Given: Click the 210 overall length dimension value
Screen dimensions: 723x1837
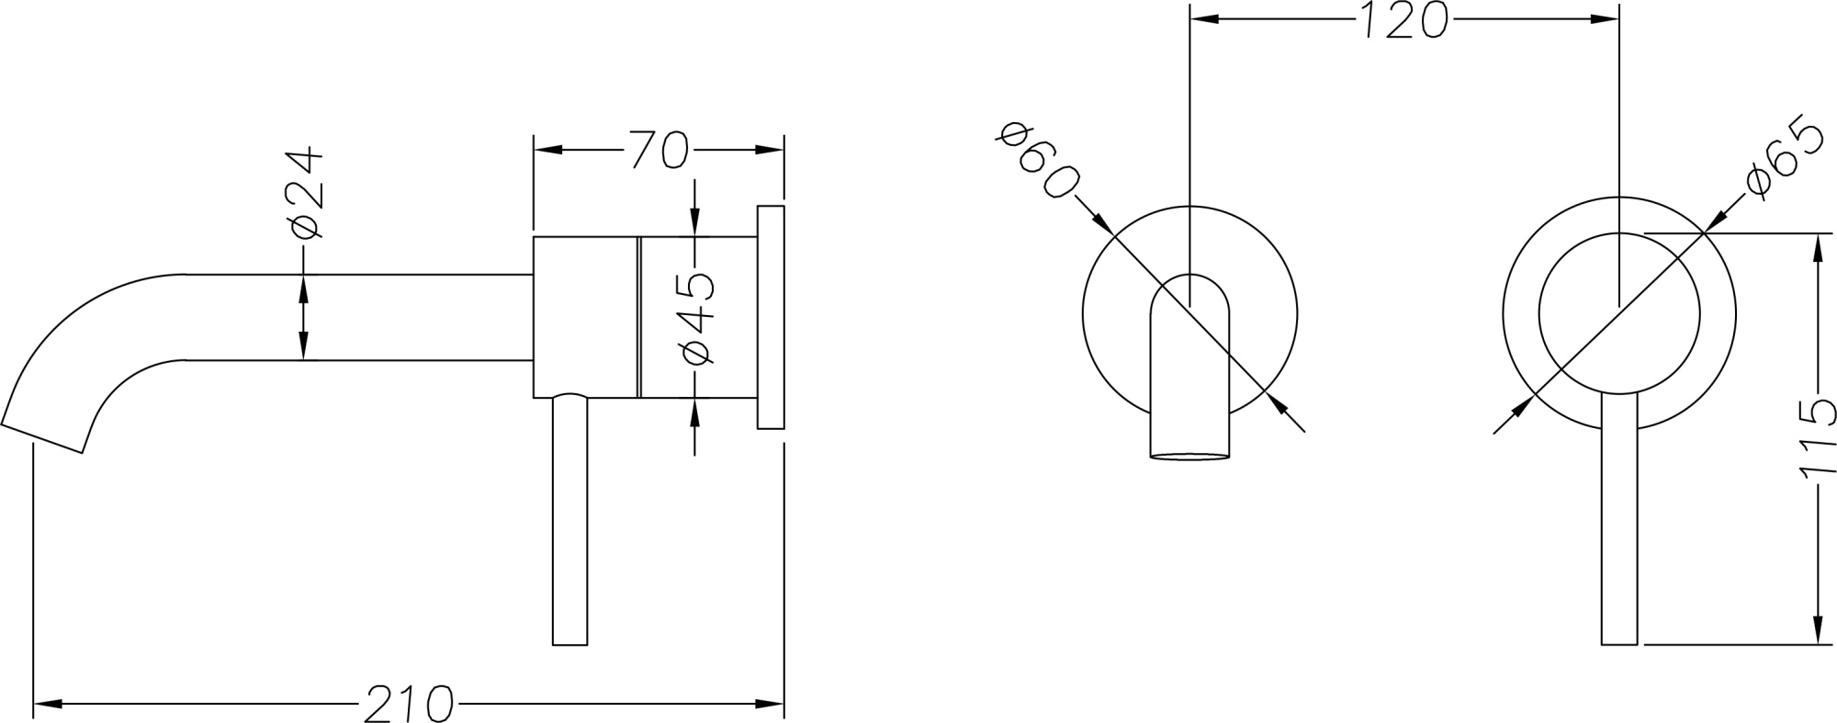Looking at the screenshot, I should pyautogui.click(x=409, y=704).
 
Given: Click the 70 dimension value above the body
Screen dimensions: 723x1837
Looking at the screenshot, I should pyautogui.click(x=658, y=150).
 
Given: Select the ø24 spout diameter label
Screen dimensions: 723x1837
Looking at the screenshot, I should pyautogui.click(x=304, y=192).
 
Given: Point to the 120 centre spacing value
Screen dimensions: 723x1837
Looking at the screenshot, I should pyautogui.click(x=1402, y=20).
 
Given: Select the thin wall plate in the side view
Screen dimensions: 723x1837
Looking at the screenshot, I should pyautogui.click(x=771, y=317).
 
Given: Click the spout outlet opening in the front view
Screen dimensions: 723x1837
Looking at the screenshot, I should pyautogui.click(x=1189, y=456).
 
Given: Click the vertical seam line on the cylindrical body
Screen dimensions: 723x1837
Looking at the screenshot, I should pyautogui.click(x=636, y=317).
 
